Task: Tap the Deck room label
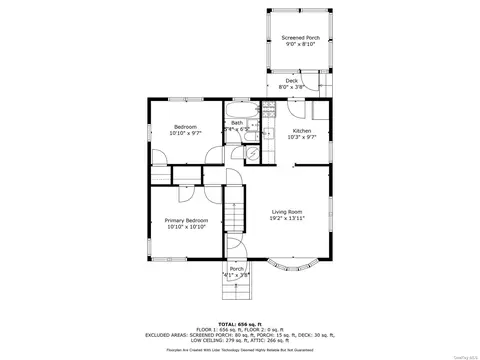pyautogui.click(x=291, y=80)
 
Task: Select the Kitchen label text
pyautogui.click(x=301, y=130)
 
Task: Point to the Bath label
pyautogui.click(x=236, y=122)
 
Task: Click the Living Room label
pyautogui.click(x=288, y=210)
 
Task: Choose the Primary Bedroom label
pyautogui.click(x=187, y=219)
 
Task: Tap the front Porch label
pyautogui.click(x=237, y=268)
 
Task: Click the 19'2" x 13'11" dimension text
pyautogui.click(x=288, y=217)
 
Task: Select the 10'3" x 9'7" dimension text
pyautogui.click(x=301, y=137)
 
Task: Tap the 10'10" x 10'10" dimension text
pyautogui.click(x=187, y=226)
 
